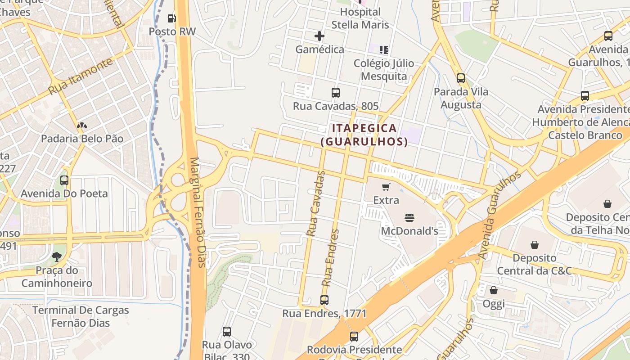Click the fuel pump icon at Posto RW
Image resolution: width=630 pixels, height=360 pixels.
coord(171,18)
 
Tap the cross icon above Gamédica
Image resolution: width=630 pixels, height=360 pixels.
coord(319,36)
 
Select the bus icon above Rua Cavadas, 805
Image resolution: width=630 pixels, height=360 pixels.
coord(336,93)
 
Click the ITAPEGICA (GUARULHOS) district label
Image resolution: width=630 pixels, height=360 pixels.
coord(364,135)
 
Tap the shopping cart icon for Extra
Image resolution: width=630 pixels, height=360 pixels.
coord(386,187)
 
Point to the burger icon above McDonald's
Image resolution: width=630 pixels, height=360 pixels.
coord(409,218)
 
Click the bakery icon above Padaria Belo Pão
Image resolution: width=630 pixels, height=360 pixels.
coord(81,126)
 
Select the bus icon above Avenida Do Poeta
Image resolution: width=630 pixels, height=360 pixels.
coord(64,180)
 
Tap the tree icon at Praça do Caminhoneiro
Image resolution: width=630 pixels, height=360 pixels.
coord(57,257)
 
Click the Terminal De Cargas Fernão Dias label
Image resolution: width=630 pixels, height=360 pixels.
coord(81,316)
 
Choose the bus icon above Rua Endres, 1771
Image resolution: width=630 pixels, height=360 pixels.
coord(324,300)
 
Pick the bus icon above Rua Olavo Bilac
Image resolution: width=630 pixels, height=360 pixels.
coord(227,332)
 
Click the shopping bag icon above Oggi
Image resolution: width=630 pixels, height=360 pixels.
coord(494,290)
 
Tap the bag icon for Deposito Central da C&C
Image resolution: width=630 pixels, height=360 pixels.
coord(535,245)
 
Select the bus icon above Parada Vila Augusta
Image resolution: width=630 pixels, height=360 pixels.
coord(460,78)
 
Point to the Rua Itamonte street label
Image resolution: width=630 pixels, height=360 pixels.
coord(81,76)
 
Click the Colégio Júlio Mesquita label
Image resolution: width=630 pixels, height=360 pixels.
coord(384,70)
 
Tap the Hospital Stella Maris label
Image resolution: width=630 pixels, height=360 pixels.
coord(360,18)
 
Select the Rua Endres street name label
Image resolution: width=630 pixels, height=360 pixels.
coord(330,258)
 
